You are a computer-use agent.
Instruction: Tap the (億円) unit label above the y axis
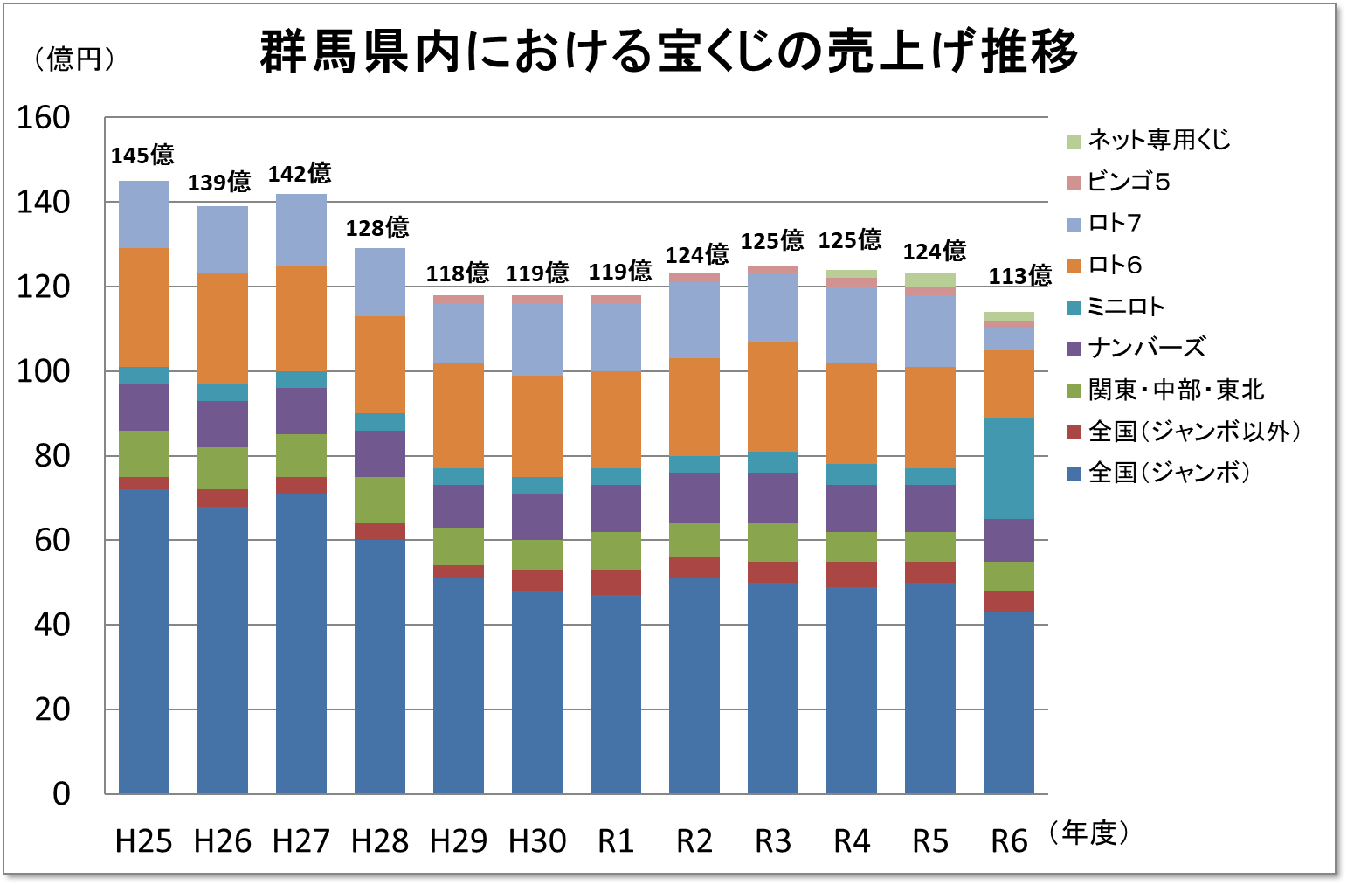74,59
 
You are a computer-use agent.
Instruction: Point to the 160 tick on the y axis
44,118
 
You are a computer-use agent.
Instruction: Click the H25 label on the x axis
144,841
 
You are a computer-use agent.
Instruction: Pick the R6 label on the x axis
1009,841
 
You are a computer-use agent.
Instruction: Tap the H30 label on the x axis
537,841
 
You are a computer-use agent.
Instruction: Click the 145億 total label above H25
142,156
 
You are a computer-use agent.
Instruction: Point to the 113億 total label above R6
1019,276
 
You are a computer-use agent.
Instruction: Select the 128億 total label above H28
377,228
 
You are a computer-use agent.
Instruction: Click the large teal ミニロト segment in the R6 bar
1009,468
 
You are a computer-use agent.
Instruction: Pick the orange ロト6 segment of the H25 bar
144,308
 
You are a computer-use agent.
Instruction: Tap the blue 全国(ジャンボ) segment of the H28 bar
380,667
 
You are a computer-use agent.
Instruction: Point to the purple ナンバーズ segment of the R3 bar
773,498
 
